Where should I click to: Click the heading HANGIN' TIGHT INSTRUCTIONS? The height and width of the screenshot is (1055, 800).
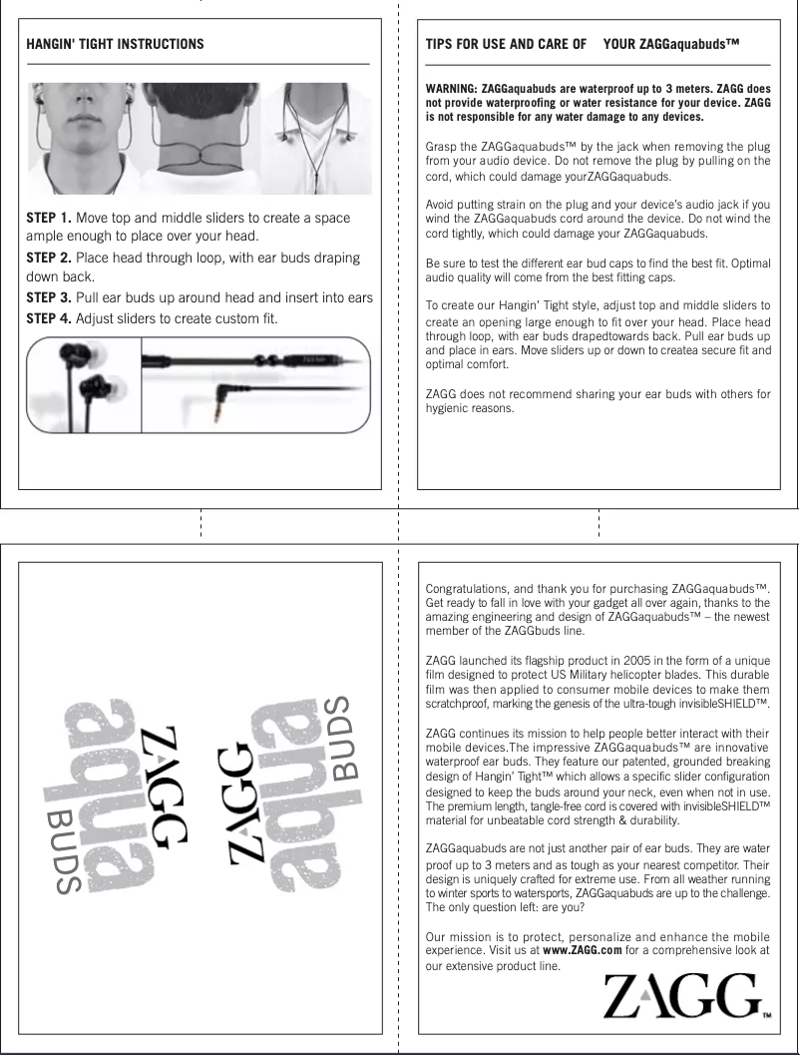115,44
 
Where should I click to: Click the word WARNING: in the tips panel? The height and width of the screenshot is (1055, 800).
451,89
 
